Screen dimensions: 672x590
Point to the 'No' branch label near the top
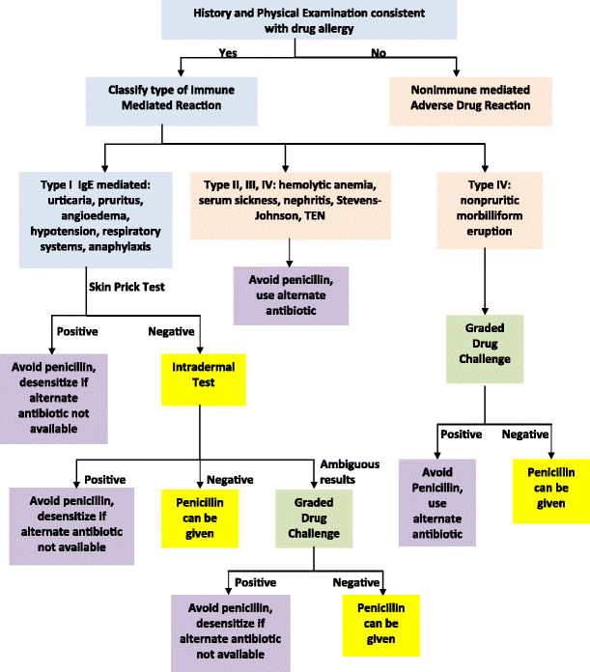click(379, 53)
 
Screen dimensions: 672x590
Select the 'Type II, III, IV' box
click(291, 201)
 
